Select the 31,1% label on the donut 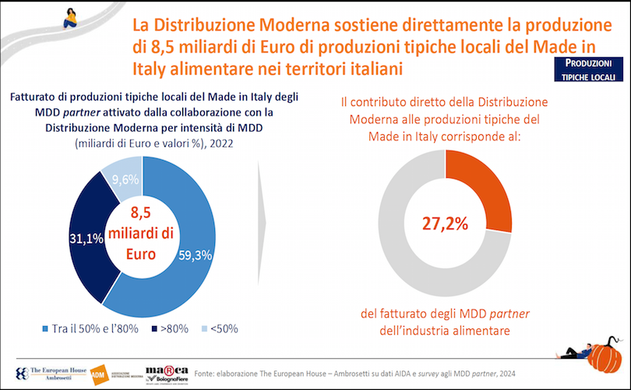(x=87, y=239)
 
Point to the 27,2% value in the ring (x=445, y=224)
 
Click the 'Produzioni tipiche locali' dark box (x=589, y=69)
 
